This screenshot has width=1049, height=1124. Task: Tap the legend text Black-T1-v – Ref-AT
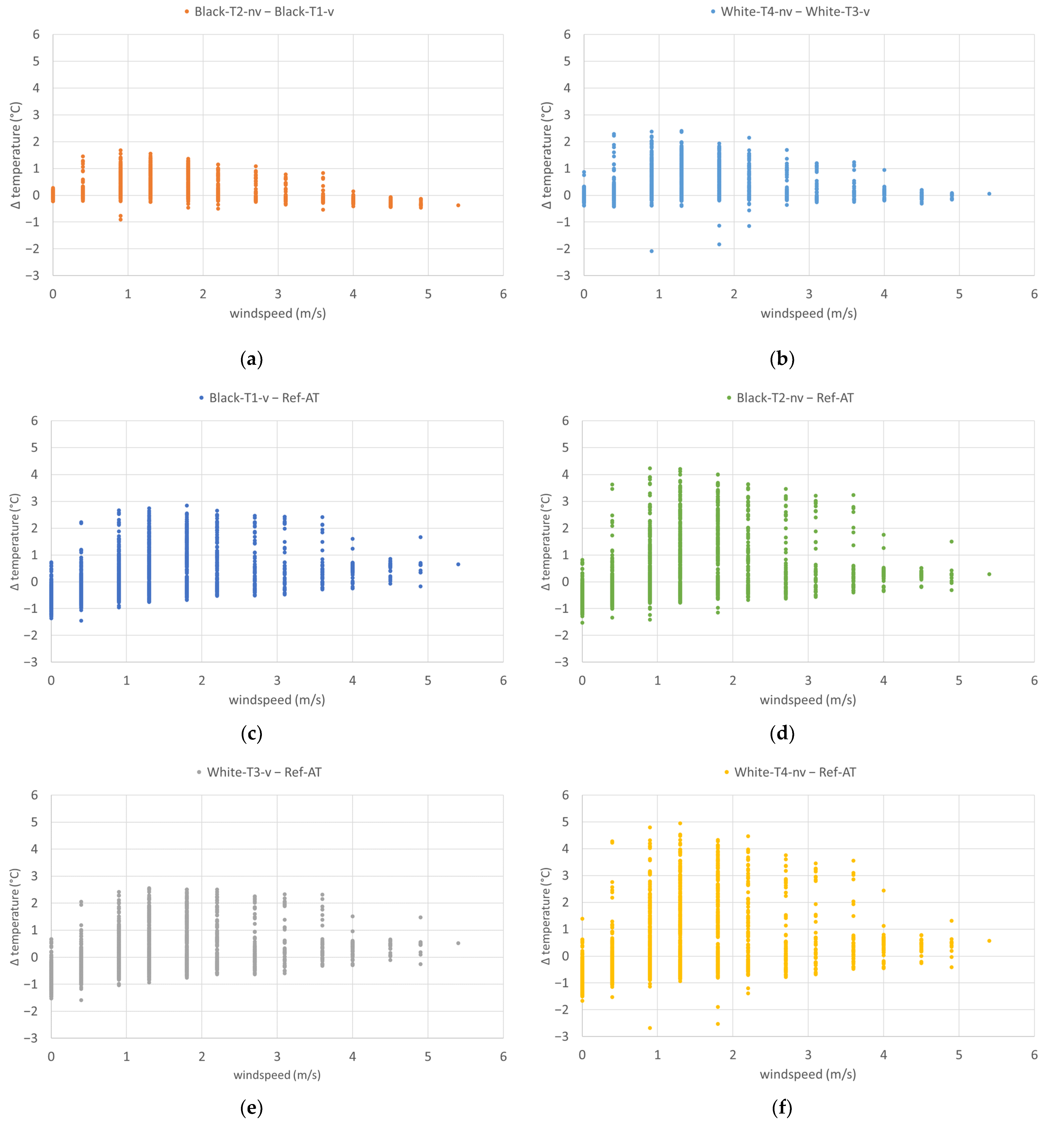click(x=264, y=398)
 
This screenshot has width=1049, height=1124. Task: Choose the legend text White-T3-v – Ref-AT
click(x=264, y=772)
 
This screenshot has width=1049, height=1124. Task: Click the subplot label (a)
click(x=252, y=359)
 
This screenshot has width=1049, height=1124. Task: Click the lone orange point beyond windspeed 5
click(x=458, y=205)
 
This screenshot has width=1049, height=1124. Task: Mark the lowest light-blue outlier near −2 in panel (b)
click(x=652, y=251)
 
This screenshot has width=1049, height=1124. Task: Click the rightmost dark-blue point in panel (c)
click(x=458, y=564)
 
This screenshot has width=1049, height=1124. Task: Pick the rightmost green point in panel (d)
click(x=989, y=575)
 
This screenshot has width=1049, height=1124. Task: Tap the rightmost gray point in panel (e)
click(x=458, y=943)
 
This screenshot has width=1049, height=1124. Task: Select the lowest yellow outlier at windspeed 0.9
click(x=650, y=1028)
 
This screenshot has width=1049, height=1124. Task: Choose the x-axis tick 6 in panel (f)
click(x=1034, y=1055)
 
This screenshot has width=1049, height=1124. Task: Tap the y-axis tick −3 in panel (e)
click(x=31, y=1038)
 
